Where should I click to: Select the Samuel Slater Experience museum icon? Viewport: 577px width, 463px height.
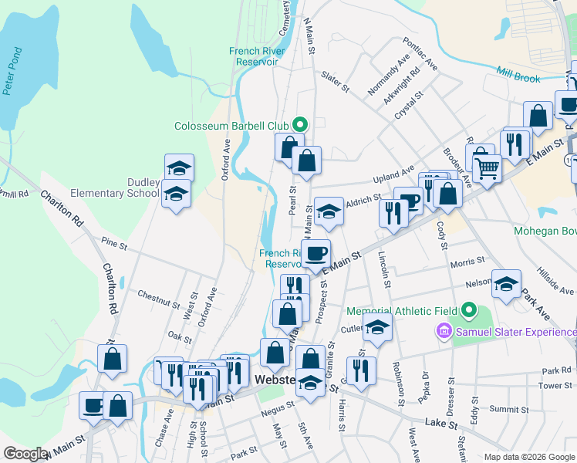click(x=444, y=332)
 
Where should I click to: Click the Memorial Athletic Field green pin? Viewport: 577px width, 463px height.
click(x=470, y=311)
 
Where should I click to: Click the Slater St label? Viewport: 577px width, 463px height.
click(x=335, y=82)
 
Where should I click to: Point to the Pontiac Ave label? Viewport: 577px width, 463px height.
click(x=420, y=56)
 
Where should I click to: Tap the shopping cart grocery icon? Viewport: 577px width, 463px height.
click(x=487, y=166)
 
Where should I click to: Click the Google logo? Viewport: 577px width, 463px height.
click(x=25, y=454)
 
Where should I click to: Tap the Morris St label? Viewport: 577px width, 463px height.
click(x=467, y=263)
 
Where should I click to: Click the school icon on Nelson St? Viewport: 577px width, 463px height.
click(x=506, y=284)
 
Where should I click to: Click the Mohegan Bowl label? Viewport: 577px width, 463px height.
click(x=545, y=230)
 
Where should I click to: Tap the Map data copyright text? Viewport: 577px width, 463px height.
click(x=530, y=457)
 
